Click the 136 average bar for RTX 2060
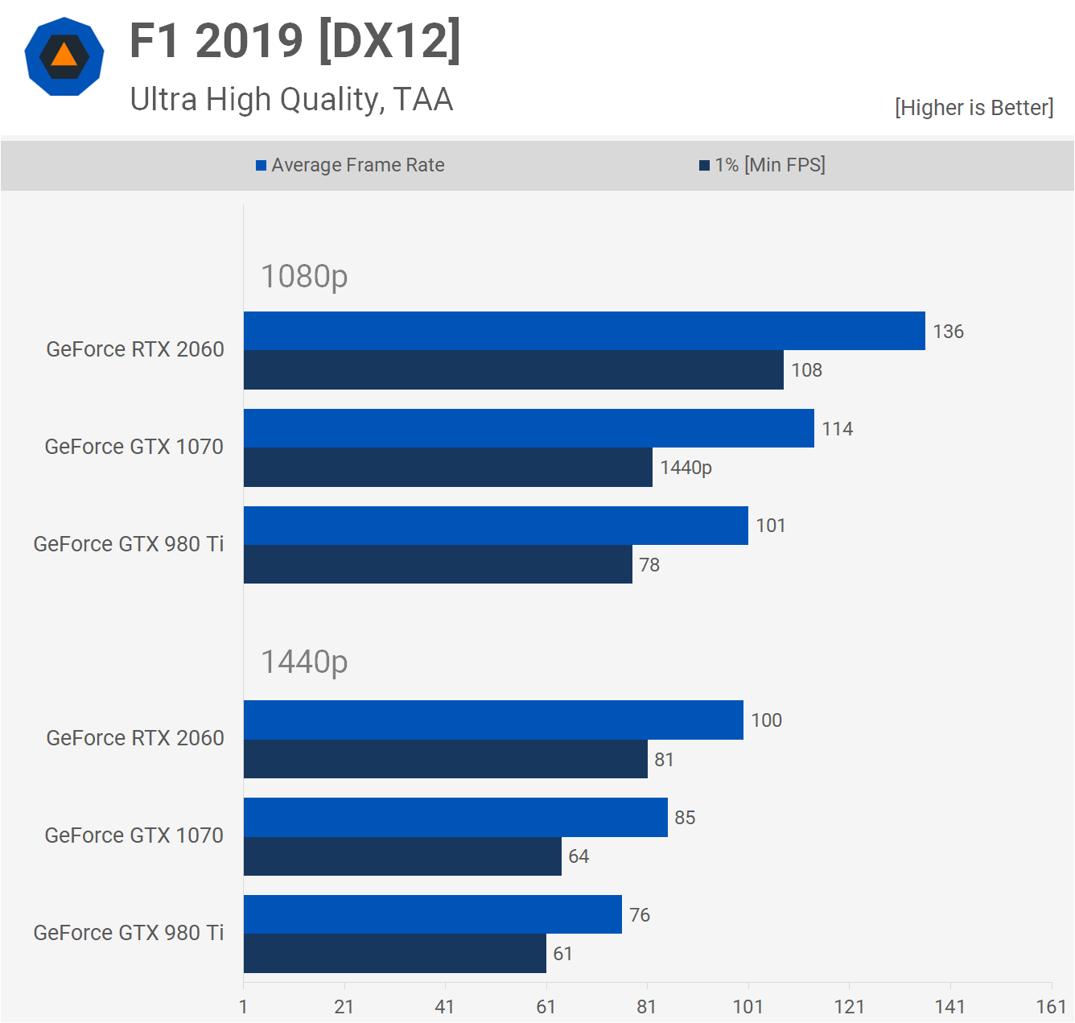point(584,331)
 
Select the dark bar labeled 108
point(513,370)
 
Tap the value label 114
point(837,429)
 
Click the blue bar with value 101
point(496,526)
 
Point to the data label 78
point(649,565)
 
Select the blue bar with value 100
point(493,720)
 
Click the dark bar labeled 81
point(445,759)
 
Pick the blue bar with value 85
point(455,818)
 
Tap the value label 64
point(579,856)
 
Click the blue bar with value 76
point(432,914)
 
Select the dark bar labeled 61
point(394,954)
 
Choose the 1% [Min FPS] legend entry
point(762,165)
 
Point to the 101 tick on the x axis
point(748,1007)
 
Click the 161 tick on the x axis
point(1051,1007)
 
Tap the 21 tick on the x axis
point(344,1007)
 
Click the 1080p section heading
point(304,276)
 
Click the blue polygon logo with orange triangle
point(64,56)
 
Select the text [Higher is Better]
point(974,108)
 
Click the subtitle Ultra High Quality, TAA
point(291,100)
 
